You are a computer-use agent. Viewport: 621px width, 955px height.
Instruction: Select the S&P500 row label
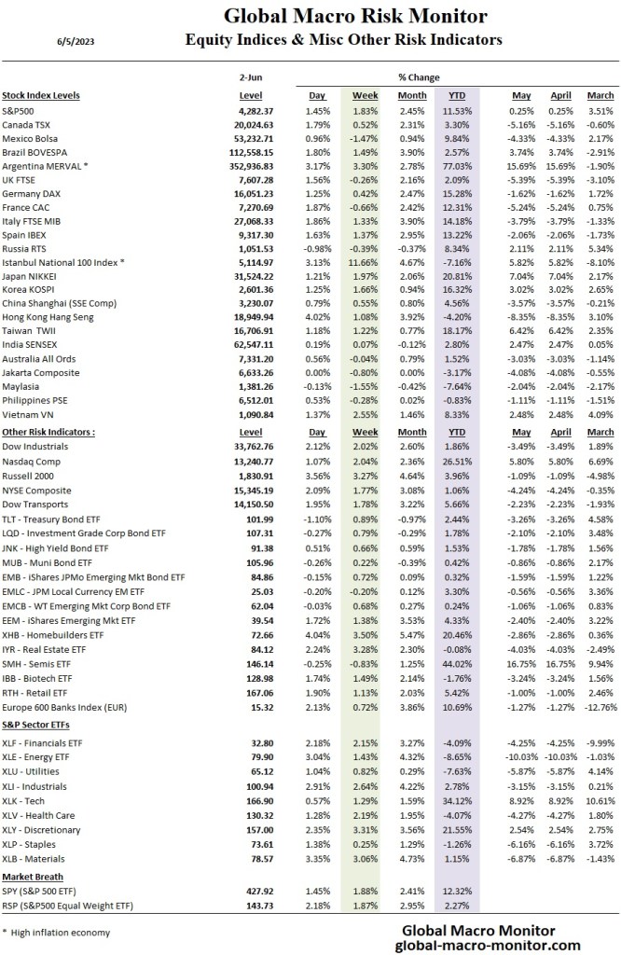(23, 111)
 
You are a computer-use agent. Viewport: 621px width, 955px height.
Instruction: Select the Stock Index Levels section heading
(41, 95)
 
